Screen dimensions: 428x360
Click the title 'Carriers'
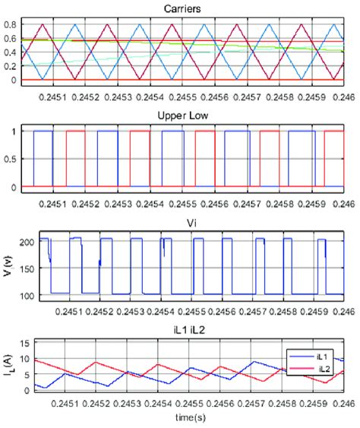(182, 8)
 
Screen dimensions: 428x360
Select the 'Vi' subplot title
(182, 224)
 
